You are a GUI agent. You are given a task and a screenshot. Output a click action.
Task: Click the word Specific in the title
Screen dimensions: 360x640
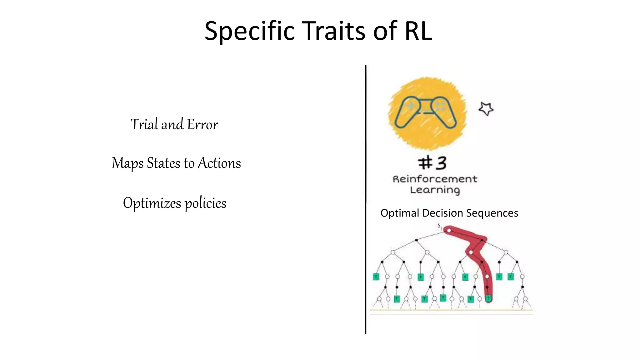click(x=249, y=31)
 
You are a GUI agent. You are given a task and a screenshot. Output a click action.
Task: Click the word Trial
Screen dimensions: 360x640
click(x=144, y=124)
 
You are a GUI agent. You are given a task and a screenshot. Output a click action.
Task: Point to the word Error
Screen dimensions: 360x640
click(x=202, y=124)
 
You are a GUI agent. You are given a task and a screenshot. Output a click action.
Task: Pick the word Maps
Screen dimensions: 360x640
click(x=128, y=163)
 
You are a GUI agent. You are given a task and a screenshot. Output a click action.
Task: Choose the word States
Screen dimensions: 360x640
click(x=163, y=163)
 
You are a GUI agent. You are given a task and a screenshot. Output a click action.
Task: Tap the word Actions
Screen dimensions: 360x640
click(x=219, y=163)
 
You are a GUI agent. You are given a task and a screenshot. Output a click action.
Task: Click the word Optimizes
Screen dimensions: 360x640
click(x=152, y=203)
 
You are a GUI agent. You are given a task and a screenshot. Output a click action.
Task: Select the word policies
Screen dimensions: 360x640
click(x=206, y=203)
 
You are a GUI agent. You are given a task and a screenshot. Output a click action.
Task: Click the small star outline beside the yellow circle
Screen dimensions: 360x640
click(x=486, y=109)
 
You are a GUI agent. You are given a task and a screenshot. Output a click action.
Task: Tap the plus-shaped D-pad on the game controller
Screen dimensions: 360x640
click(x=411, y=106)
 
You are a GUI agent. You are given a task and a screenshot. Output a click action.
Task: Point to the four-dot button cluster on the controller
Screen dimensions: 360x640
click(x=441, y=106)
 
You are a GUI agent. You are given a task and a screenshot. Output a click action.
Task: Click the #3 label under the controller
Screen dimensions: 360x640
click(x=432, y=163)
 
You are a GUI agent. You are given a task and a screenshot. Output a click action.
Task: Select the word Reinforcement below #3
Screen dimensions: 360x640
click(x=435, y=179)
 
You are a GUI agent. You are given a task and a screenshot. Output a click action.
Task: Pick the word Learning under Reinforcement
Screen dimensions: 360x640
click(x=435, y=190)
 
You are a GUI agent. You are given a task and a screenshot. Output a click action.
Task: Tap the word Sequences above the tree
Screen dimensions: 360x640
click(x=492, y=213)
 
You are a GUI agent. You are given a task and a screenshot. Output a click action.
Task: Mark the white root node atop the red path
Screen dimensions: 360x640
click(x=449, y=231)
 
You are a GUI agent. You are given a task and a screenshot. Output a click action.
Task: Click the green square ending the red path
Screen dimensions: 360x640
click(x=488, y=298)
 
